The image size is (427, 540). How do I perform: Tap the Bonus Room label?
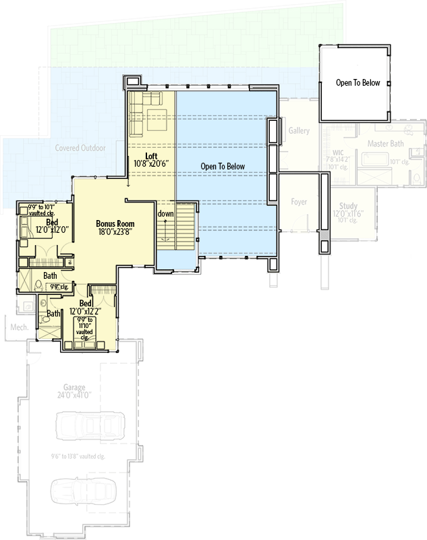pos(115,223)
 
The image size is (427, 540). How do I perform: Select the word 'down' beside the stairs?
pos(165,214)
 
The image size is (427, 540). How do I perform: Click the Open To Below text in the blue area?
pos(223,166)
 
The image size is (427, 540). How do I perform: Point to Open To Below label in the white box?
pos(358,83)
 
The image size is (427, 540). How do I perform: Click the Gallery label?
pos(299,130)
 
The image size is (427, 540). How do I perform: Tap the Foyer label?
pos(299,202)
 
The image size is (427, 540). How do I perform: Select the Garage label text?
pos(74,387)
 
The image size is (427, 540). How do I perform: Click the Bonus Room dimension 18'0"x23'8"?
pos(115,233)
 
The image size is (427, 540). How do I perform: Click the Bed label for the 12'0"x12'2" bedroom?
pos(84,304)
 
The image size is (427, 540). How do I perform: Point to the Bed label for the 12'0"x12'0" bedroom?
pos(51,222)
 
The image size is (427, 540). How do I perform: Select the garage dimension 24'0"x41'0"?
pos(74,396)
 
